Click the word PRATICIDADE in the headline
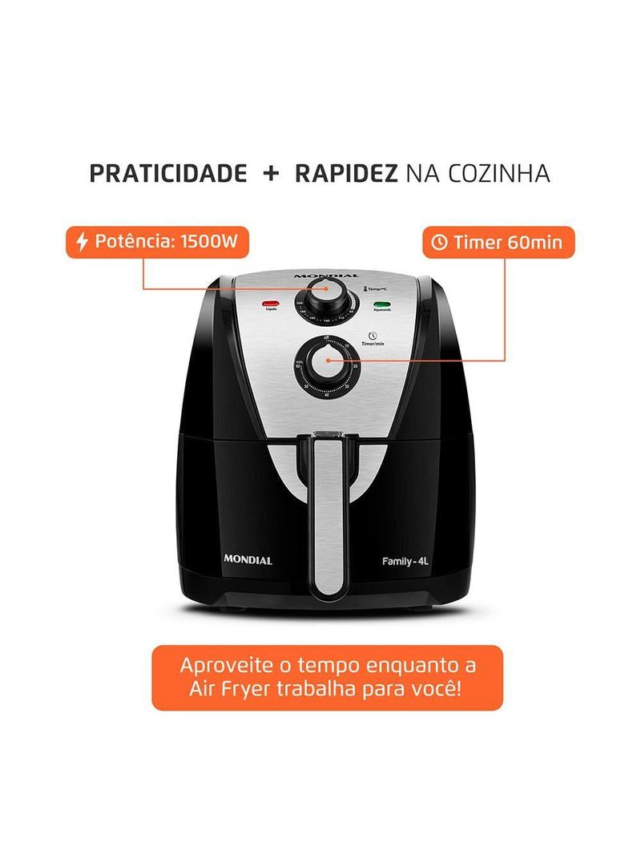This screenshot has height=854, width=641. [x=167, y=174]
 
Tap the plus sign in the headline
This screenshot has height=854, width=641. [x=271, y=174]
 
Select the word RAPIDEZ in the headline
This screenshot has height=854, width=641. [x=346, y=174]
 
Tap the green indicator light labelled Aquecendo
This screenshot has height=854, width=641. [x=382, y=304]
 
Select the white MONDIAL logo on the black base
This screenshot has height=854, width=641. [x=247, y=560]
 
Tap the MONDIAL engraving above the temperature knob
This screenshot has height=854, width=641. [x=320, y=276]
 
